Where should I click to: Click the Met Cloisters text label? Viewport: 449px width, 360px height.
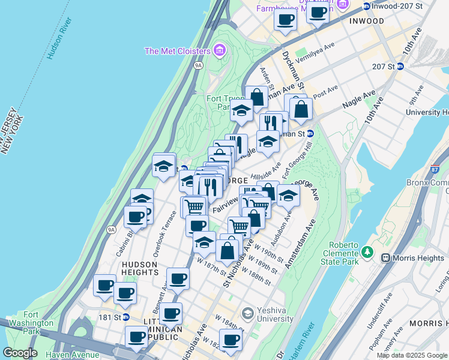pos(177,51)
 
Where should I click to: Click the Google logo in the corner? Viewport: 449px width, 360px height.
pos(19,353)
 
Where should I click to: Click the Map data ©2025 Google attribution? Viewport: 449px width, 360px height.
pos(411,355)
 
